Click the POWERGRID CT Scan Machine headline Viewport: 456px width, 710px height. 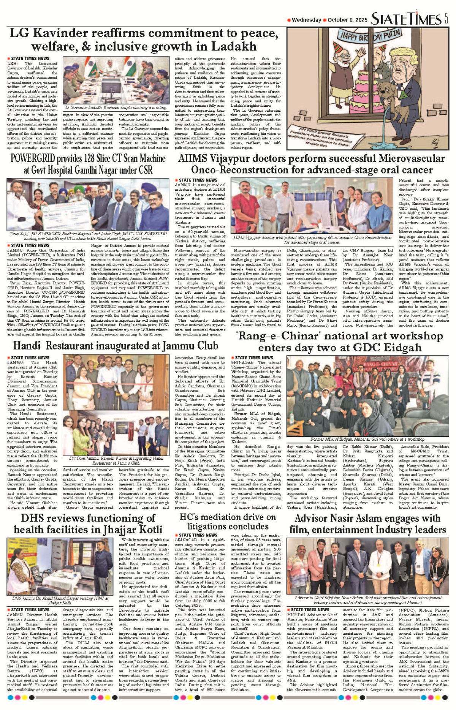(88, 164)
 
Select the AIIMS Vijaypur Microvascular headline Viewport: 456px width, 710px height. (311, 164)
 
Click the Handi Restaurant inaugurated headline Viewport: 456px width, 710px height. (116, 345)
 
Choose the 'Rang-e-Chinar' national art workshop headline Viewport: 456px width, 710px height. (339, 342)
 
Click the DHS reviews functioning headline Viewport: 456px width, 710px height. (88, 523)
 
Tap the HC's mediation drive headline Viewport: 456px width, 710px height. (228, 522)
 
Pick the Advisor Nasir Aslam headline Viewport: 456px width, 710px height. (367, 523)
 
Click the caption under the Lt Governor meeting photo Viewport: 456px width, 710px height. (116, 108)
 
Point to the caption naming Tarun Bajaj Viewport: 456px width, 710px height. (88, 236)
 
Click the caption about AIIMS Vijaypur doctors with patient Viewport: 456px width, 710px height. (312, 240)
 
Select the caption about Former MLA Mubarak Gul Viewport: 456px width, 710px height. (367, 439)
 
